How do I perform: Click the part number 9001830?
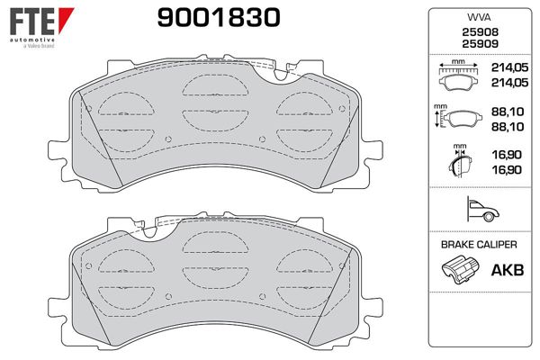point(219,18)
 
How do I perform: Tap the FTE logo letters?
point(32,22)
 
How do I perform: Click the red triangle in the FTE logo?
point(66,20)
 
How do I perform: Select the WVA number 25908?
point(480,32)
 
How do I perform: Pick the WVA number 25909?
point(480,44)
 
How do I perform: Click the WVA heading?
point(479,17)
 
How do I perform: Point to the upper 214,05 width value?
point(509,67)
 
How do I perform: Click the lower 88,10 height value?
point(508,127)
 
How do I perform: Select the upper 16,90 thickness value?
point(507,155)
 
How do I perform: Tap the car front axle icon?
point(482,210)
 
